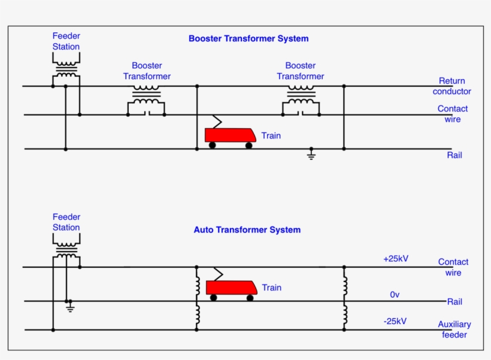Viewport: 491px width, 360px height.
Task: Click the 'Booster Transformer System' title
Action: click(x=248, y=38)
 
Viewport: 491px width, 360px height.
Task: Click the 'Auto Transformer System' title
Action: click(x=247, y=229)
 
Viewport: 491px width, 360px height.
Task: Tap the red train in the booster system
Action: click(x=231, y=135)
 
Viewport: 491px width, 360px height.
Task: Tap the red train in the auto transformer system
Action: click(x=231, y=288)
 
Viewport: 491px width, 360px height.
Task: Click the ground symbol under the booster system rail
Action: click(x=311, y=155)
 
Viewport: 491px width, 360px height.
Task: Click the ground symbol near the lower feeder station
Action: click(x=70, y=307)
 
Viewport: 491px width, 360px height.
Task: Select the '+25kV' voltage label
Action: click(x=396, y=259)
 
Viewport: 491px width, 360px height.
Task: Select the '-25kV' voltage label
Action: click(x=395, y=321)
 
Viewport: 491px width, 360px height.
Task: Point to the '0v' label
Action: click(x=395, y=294)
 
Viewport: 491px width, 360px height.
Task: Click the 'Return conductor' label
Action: click(x=451, y=86)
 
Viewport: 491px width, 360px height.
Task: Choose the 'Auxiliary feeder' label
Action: click(x=454, y=329)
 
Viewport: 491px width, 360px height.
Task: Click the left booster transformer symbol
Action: click(x=146, y=99)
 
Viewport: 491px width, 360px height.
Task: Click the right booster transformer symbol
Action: click(x=301, y=99)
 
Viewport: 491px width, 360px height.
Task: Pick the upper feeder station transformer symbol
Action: click(x=66, y=68)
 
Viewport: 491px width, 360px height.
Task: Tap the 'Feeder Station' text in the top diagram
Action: click(x=66, y=41)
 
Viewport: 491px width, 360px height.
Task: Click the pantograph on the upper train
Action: click(x=215, y=122)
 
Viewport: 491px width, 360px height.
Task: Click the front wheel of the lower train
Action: click(x=250, y=298)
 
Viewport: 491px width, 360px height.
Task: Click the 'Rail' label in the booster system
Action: click(x=454, y=155)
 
